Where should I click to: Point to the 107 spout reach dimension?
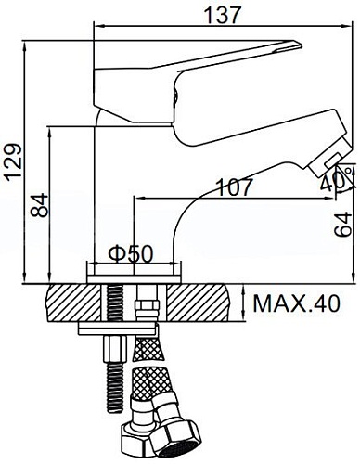click(234, 186)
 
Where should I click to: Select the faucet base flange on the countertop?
click(131, 275)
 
